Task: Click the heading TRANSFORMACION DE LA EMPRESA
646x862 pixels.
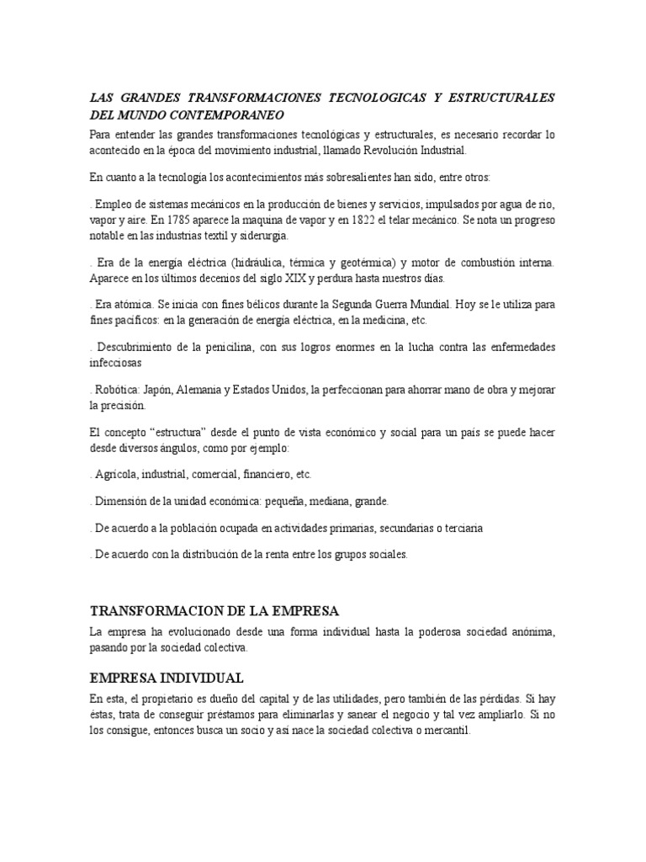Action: tap(214, 610)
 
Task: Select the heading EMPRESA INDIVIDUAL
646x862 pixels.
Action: tap(167, 677)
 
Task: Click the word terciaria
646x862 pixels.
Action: tap(456, 528)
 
